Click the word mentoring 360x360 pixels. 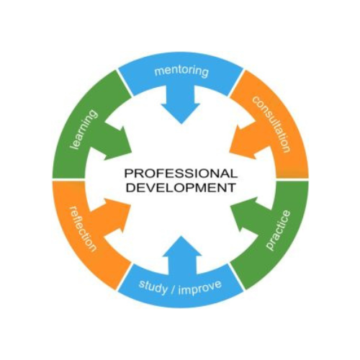pos(181,71)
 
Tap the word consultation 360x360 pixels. pos(271,124)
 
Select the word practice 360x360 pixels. pos(278,230)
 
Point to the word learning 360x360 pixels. pos(84,130)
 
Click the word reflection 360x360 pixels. pos(83,229)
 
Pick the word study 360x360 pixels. pos(153,287)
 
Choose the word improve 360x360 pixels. pos(200,287)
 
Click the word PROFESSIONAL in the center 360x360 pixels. pos(181,174)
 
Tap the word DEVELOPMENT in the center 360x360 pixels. pos(181,187)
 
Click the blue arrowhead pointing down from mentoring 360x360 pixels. pos(181,113)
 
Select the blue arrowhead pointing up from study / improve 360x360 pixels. pos(181,246)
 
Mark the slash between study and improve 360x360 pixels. pos(173,289)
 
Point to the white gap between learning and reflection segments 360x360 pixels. pos(69,179)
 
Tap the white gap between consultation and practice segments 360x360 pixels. pos(292,179)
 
